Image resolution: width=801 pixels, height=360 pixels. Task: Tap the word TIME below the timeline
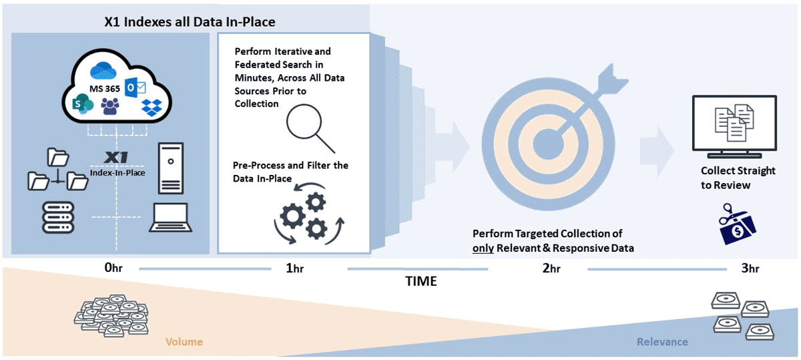(x=421, y=281)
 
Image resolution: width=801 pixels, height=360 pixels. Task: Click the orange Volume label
(x=184, y=342)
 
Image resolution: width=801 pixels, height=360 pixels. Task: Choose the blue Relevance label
(x=661, y=342)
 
